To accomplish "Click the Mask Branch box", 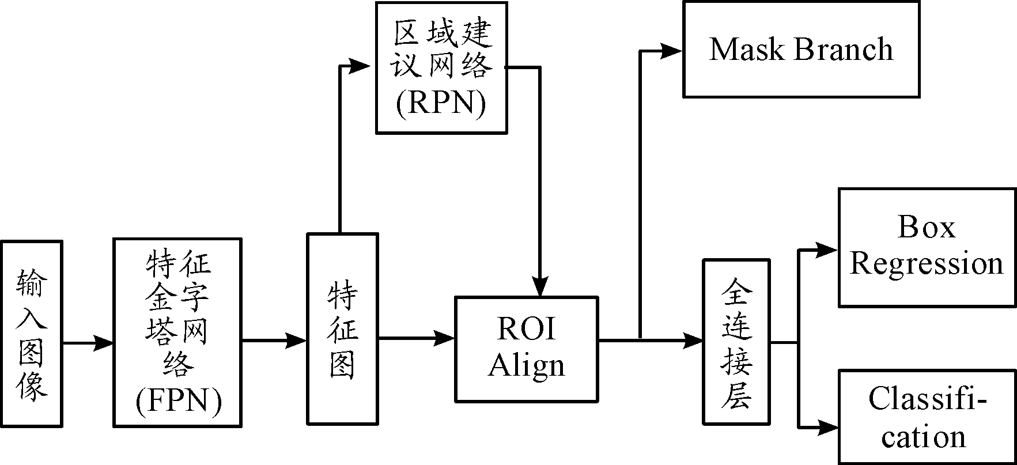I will (x=800, y=49).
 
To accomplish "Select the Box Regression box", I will (x=926, y=247).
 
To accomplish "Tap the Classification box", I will (x=926, y=417).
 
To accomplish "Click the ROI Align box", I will (x=526, y=349).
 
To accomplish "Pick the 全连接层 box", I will (x=736, y=342).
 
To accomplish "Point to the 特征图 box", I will (x=342, y=329).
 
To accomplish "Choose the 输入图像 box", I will (x=32, y=334).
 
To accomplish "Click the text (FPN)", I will (x=179, y=402).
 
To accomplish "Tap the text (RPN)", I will (x=441, y=104).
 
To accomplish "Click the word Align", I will (x=527, y=366).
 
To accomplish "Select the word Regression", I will (x=926, y=263).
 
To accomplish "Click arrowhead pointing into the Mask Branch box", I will (x=672, y=51).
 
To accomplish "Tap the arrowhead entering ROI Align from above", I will (x=539, y=286).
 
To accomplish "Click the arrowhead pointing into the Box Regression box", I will (x=827, y=250).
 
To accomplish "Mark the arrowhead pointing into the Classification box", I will (x=829, y=428).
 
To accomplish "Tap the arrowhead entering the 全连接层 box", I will (x=693, y=340).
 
